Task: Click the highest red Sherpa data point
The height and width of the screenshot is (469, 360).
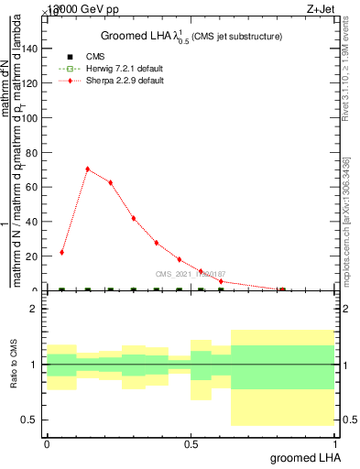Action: (87, 169)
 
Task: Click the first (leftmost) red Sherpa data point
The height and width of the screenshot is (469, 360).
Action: (61, 252)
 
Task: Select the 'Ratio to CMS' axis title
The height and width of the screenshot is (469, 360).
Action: (14, 365)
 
